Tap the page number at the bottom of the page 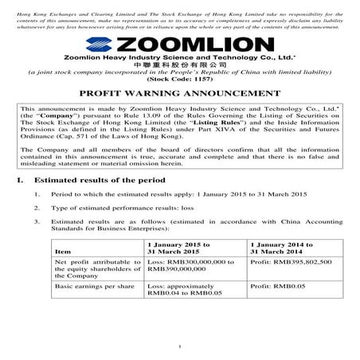click(180, 346)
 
